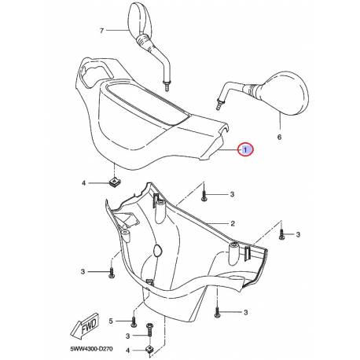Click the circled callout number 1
pyautogui.click(x=245, y=149)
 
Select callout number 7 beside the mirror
pyautogui.click(x=101, y=31)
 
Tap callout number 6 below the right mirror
pyautogui.click(x=279, y=137)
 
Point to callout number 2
pyautogui.click(x=233, y=223)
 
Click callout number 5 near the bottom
pyautogui.click(x=111, y=321)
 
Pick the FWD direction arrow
pyautogui.click(x=84, y=325)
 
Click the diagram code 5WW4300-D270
pyautogui.click(x=91, y=349)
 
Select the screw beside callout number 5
pyautogui.click(x=134, y=321)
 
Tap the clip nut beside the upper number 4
pyautogui.click(x=114, y=182)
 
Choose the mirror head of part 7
pyautogui.click(x=140, y=20)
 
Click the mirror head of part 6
pyautogui.click(x=285, y=93)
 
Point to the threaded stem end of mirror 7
pyautogui.click(x=167, y=86)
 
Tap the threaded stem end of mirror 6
pyautogui.click(x=219, y=105)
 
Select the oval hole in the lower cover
pyautogui.click(x=158, y=251)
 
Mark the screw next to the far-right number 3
pyautogui.click(x=281, y=234)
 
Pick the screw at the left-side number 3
pyautogui.click(x=112, y=272)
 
